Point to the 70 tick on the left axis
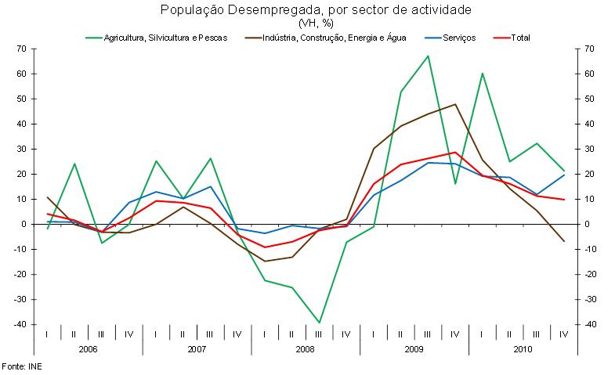click(22, 49)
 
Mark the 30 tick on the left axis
click(22, 149)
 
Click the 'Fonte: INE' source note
click(20, 366)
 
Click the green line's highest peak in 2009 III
click(428, 56)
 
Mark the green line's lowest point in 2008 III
click(319, 323)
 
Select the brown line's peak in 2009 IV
click(455, 104)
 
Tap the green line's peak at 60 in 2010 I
click(482, 74)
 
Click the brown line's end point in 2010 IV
click(563, 241)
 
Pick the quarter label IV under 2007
click(237, 334)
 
